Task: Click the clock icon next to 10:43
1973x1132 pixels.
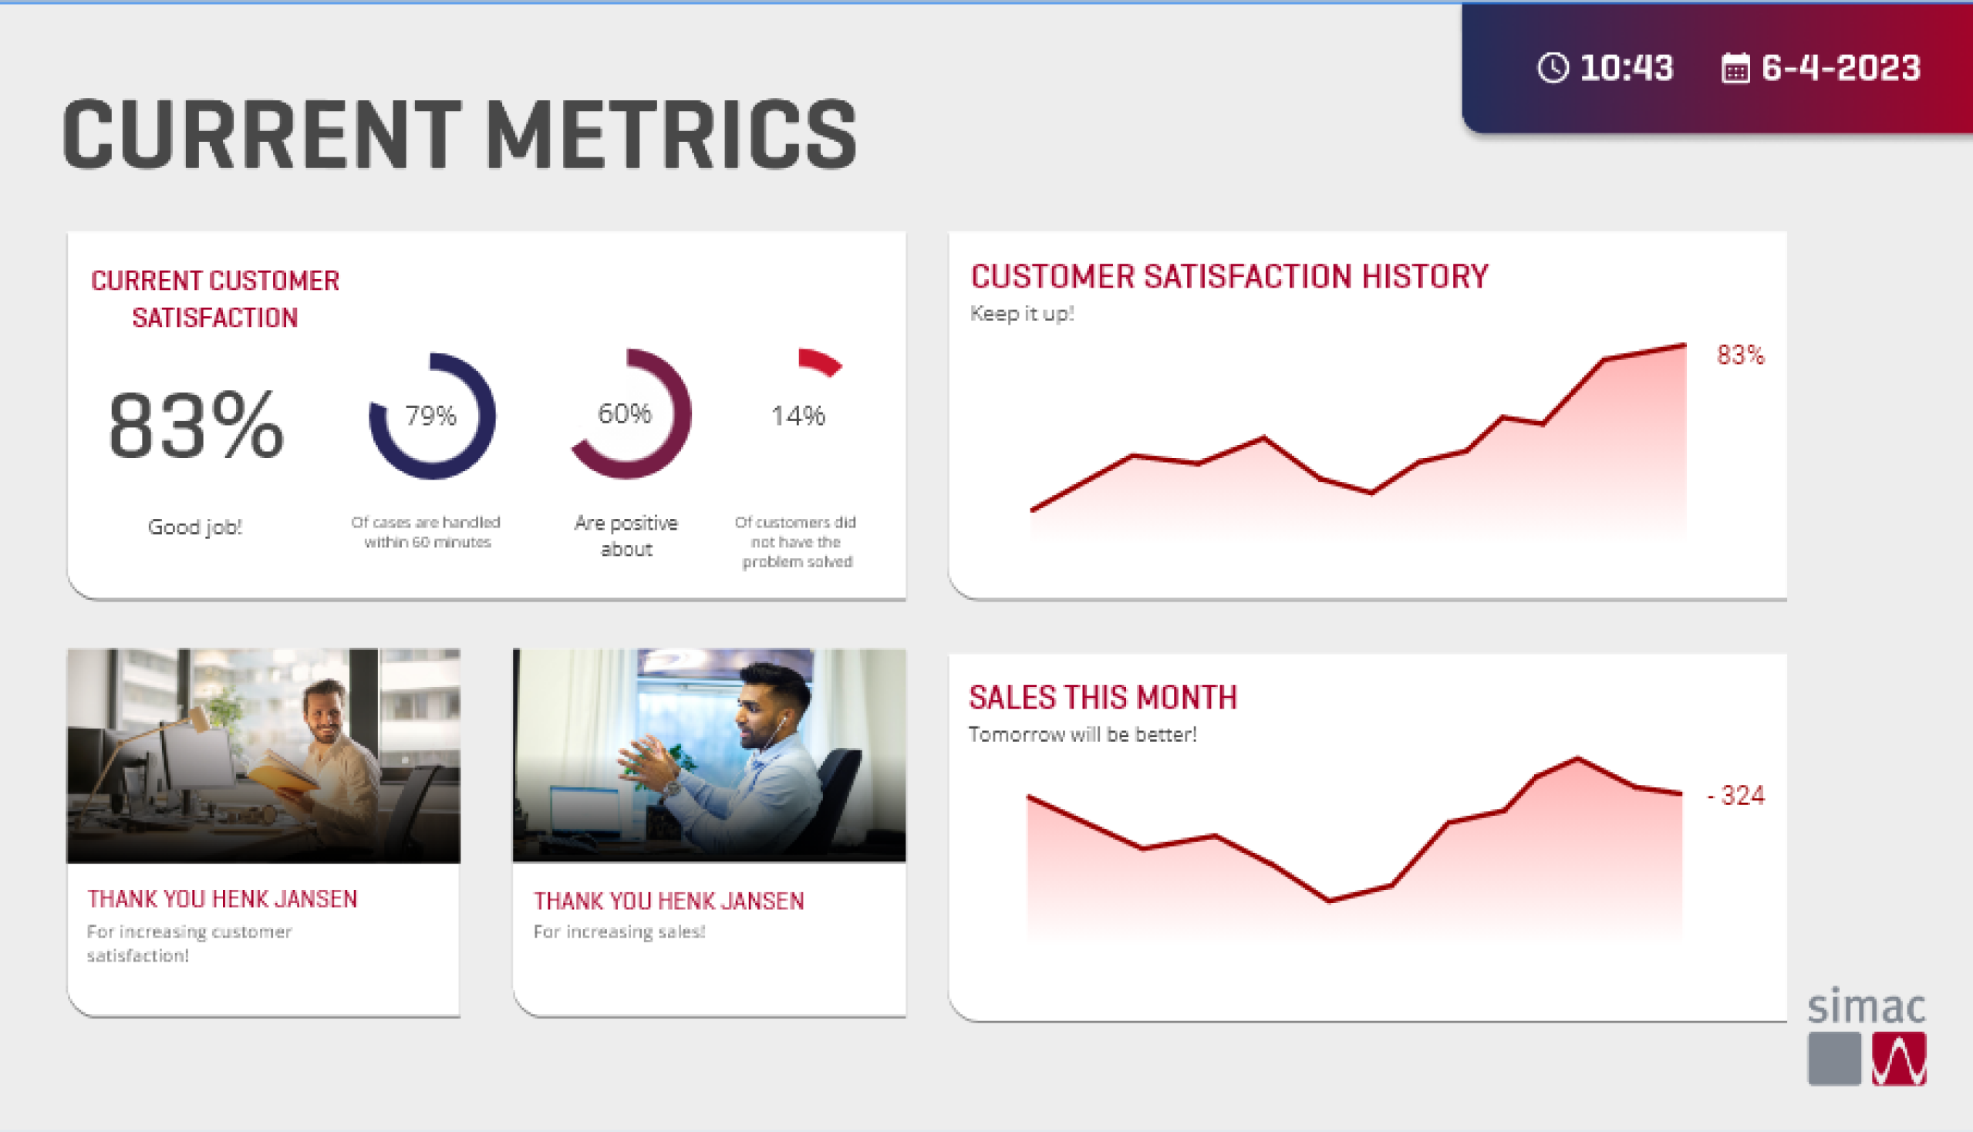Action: pyautogui.click(x=1553, y=68)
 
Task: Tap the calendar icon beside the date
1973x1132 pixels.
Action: pyautogui.click(x=1735, y=69)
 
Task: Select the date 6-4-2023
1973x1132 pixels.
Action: pyautogui.click(x=1841, y=68)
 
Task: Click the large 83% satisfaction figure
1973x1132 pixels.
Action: pyautogui.click(x=196, y=426)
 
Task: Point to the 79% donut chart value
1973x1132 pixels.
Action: pyautogui.click(x=431, y=416)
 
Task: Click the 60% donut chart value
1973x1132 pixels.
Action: pyautogui.click(x=625, y=413)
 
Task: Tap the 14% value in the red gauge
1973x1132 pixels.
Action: pyautogui.click(x=798, y=416)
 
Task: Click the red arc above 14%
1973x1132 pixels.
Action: pyautogui.click(x=820, y=362)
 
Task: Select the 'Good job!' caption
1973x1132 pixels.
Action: pyautogui.click(x=195, y=527)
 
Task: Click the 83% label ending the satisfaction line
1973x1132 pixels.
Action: pyautogui.click(x=1741, y=355)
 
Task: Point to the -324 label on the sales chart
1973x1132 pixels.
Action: pyautogui.click(x=1735, y=795)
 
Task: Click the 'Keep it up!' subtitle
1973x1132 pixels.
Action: pyautogui.click(x=1022, y=314)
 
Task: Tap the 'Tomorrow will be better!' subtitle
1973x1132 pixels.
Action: pyautogui.click(x=1082, y=735)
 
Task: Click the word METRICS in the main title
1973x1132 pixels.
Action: pyautogui.click(x=670, y=135)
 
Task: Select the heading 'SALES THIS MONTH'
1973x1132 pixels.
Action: pyautogui.click(x=1102, y=697)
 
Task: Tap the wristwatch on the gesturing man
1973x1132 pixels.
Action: pyautogui.click(x=669, y=789)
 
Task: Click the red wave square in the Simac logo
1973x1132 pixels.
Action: pyautogui.click(x=1898, y=1058)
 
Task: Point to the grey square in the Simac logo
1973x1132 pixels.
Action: pyautogui.click(x=1834, y=1058)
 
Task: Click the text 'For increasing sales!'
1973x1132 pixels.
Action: pyautogui.click(x=619, y=932)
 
